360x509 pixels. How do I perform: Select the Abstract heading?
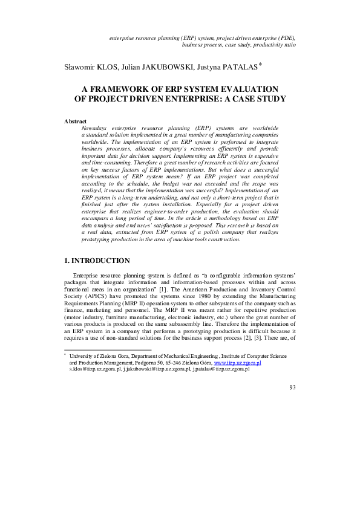(75, 122)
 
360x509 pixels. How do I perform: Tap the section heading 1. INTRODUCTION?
(97, 277)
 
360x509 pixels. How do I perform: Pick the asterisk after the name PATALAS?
(261, 64)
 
